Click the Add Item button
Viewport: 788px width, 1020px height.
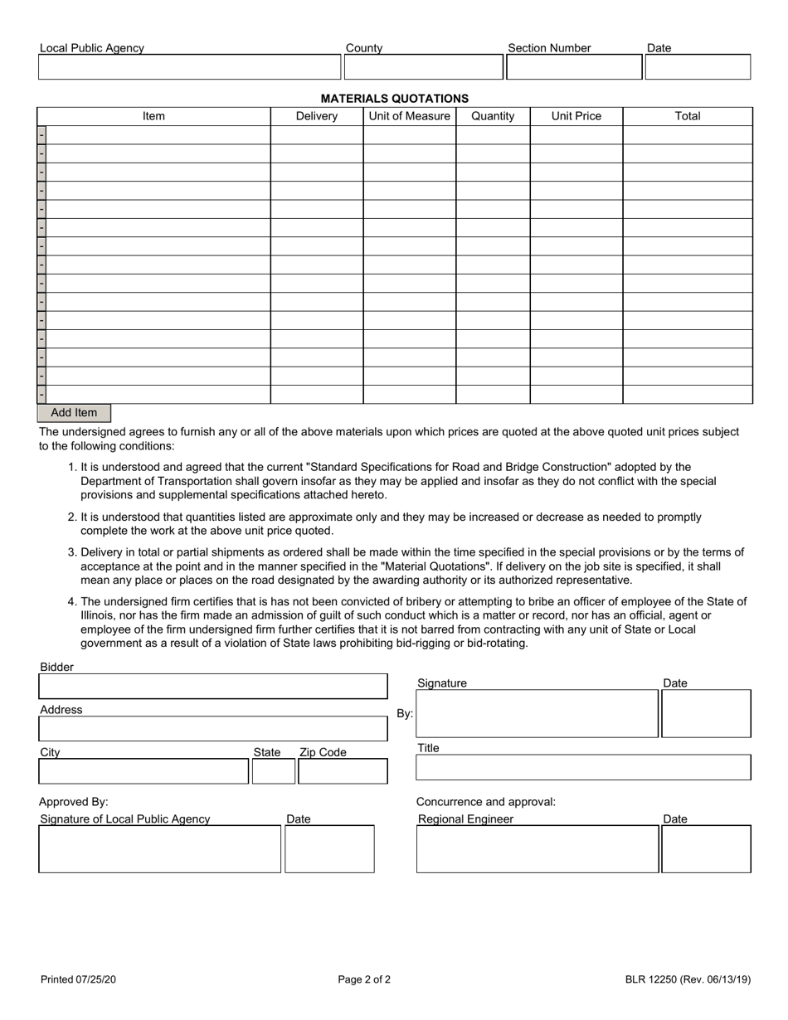pos(74,413)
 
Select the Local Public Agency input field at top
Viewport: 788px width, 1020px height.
pos(189,67)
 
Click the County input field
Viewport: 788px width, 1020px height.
pos(423,67)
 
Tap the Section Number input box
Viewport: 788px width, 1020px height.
pos(574,67)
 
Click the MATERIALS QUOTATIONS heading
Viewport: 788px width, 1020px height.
pos(394,98)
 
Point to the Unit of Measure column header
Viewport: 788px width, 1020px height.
pos(409,116)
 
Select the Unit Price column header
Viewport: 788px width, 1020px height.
pos(576,116)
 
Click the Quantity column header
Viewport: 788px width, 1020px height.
pos(493,116)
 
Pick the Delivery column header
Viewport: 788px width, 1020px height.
pos(317,116)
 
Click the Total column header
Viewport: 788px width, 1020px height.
pos(688,116)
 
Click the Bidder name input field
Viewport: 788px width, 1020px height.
pos(212,687)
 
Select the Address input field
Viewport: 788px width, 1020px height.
pos(212,729)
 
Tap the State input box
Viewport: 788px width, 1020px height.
pos(273,771)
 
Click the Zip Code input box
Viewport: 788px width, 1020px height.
pos(343,771)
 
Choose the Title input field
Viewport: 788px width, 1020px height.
pos(582,768)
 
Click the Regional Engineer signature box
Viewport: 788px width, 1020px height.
pos(537,849)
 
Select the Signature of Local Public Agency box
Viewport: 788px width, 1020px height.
pos(159,849)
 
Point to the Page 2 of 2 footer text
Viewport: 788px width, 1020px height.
pos(364,979)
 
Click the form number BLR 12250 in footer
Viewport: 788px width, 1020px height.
pos(688,979)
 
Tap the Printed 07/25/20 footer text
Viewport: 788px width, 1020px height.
pos(78,979)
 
